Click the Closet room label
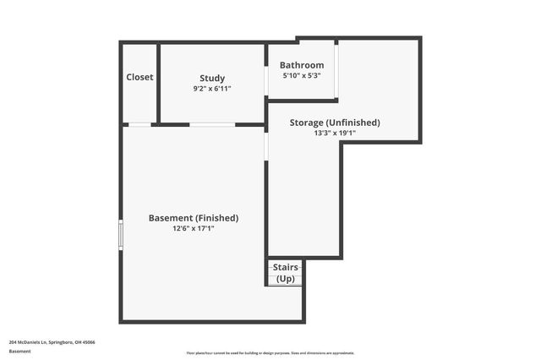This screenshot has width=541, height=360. click(139, 77)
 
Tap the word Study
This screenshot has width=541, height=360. click(212, 78)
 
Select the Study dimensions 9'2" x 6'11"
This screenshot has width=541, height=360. click(212, 88)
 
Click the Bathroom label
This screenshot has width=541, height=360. click(302, 65)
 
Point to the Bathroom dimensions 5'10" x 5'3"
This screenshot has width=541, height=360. click(302, 75)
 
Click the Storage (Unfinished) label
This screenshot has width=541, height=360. click(335, 123)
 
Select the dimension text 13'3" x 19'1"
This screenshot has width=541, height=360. click(335, 133)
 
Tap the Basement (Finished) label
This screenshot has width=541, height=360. click(194, 217)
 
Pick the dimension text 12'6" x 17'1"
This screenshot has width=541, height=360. click(194, 228)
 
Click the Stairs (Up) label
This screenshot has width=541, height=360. click(286, 273)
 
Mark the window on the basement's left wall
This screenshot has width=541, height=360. click(121, 234)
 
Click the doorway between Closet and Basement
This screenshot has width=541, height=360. click(139, 124)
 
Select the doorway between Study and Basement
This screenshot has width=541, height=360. click(212, 124)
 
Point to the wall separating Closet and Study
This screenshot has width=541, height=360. click(158, 83)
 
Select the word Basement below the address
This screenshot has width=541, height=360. click(19, 352)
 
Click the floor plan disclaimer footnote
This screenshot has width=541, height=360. click(270, 353)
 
